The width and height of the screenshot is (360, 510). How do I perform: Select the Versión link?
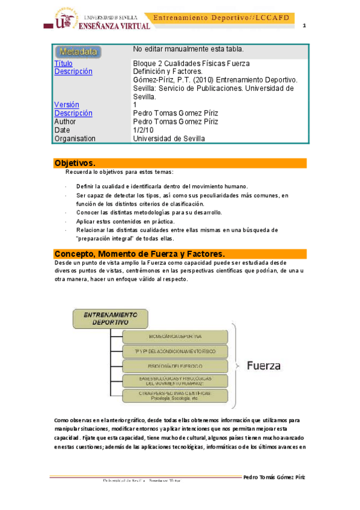point(66,105)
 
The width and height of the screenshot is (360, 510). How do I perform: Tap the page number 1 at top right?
point(304,25)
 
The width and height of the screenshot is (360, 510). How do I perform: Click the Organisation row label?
point(75,138)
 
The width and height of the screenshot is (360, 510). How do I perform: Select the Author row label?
point(65,121)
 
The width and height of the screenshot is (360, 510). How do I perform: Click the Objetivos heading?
point(75,163)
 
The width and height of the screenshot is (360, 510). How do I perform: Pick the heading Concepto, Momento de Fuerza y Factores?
point(139,253)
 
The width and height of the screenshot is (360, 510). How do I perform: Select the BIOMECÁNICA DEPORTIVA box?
point(175,336)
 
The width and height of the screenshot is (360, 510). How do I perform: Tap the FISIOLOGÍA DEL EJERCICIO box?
point(175,365)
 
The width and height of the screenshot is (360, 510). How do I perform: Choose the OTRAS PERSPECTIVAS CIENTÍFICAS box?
point(175,395)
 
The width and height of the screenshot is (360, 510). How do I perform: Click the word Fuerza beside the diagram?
point(261,366)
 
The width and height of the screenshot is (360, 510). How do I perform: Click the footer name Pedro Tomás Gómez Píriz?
point(273,477)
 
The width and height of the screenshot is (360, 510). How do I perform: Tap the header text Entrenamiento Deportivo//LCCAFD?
point(222,18)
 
